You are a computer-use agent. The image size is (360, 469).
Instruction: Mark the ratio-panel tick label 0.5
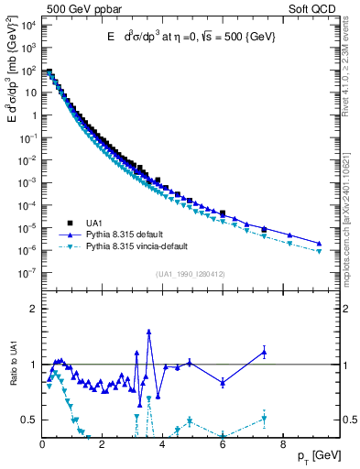click(29, 420)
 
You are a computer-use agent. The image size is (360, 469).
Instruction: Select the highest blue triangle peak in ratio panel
click(148, 333)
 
